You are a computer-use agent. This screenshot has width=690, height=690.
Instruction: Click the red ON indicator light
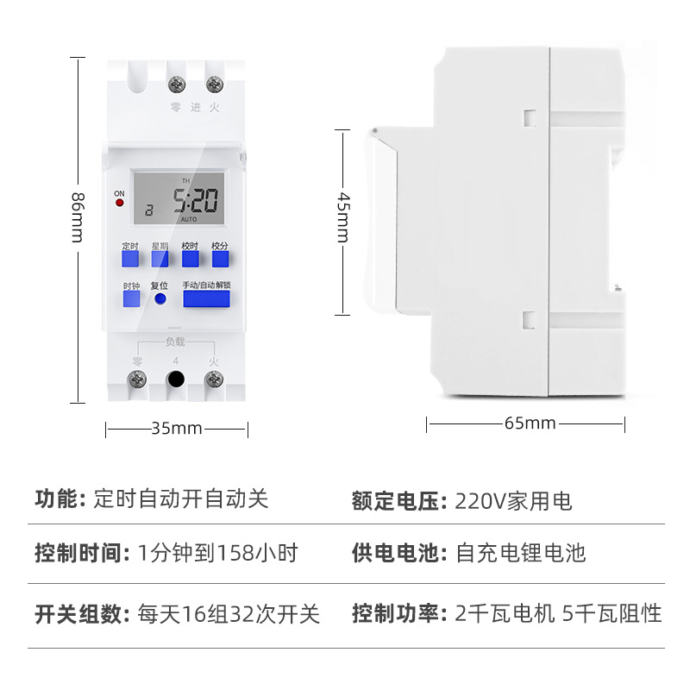[119, 204]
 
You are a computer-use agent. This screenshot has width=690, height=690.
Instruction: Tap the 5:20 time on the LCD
[194, 202]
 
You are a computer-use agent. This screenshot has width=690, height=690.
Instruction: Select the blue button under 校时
[190, 260]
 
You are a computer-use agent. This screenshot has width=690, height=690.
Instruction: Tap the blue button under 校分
[220, 260]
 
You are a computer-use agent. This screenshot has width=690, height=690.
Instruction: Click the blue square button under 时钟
[131, 300]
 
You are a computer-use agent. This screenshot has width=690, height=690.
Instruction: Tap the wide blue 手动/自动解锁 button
[206, 300]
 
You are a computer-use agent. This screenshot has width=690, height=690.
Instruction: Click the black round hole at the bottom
[176, 379]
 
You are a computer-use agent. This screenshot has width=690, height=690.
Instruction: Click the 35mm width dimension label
[177, 429]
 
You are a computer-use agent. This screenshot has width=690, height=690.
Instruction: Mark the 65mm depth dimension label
[530, 423]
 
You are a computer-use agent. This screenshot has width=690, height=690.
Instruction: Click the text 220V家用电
[513, 501]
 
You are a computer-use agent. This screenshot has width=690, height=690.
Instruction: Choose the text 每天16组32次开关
[229, 614]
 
